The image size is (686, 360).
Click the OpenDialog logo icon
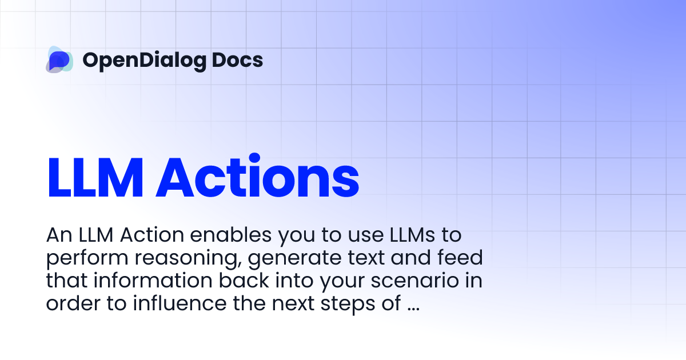pos(59,59)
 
